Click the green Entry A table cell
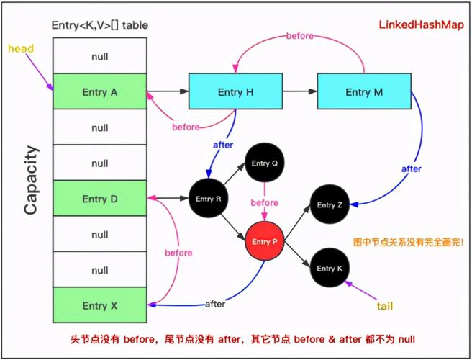(99, 92)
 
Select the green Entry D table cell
(99, 199)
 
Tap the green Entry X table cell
(99, 305)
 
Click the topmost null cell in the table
(99, 56)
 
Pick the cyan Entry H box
(235, 92)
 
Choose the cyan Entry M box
(363, 92)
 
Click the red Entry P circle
(265, 242)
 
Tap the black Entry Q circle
(264, 163)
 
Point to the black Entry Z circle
(330, 205)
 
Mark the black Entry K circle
(330, 268)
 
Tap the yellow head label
(21, 48)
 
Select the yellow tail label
(385, 306)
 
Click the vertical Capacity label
(30, 180)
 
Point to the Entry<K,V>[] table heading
(100, 25)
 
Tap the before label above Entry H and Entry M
(300, 35)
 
